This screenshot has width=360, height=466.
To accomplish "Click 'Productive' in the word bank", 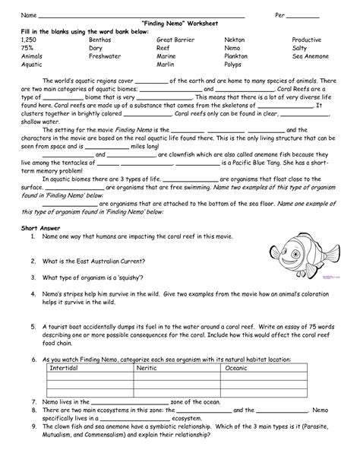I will (308, 38).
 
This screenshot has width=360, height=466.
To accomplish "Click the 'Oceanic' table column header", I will (237, 367).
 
